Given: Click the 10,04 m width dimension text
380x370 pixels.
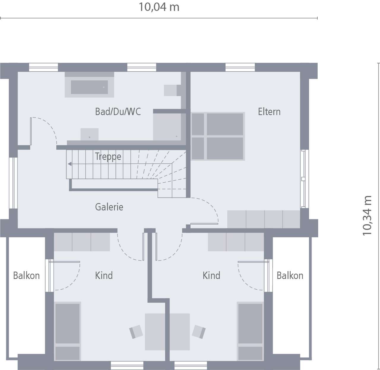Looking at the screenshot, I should tap(159, 7).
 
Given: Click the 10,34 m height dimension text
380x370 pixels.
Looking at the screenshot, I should tap(367, 216).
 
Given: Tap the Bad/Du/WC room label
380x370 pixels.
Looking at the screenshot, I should tap(118, 112).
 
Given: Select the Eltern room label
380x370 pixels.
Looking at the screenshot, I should tap(269, 112).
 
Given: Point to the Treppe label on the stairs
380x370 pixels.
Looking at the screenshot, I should tap(108, 156).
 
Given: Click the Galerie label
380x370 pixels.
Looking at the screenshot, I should tap(109, 207).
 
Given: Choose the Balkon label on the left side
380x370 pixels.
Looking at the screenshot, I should tap(26, 275).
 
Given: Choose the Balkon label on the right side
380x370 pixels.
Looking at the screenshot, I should tap(290, 275).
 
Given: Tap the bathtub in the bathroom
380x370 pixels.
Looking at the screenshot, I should tap(89, 87).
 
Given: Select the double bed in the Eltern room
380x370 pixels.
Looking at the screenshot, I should tap(218, 136).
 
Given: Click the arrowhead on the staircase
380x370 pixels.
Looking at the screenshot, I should tap(69, 164).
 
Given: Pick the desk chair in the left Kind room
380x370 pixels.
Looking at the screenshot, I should tap(136, 332).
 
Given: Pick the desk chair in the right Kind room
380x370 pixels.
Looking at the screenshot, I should tap(199, 331).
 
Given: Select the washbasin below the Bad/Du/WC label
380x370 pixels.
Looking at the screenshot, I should tap(89, 134).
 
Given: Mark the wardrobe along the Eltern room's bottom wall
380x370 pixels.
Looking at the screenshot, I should tap(263, 219).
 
